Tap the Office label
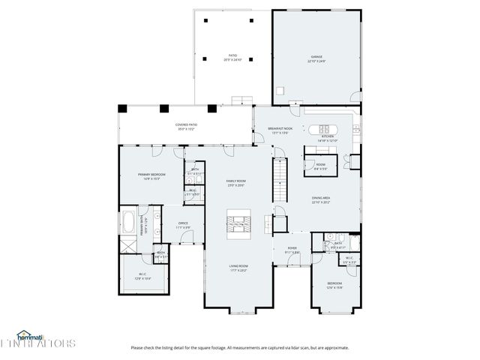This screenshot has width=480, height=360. [x=182, y=223]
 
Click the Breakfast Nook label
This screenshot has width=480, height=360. [x=280, y=130]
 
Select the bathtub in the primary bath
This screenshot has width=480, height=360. [x=129, y=222]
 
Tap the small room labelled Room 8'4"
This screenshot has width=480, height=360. [x=320, y=166]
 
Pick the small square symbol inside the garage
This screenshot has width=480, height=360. [x=280, y=91]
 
